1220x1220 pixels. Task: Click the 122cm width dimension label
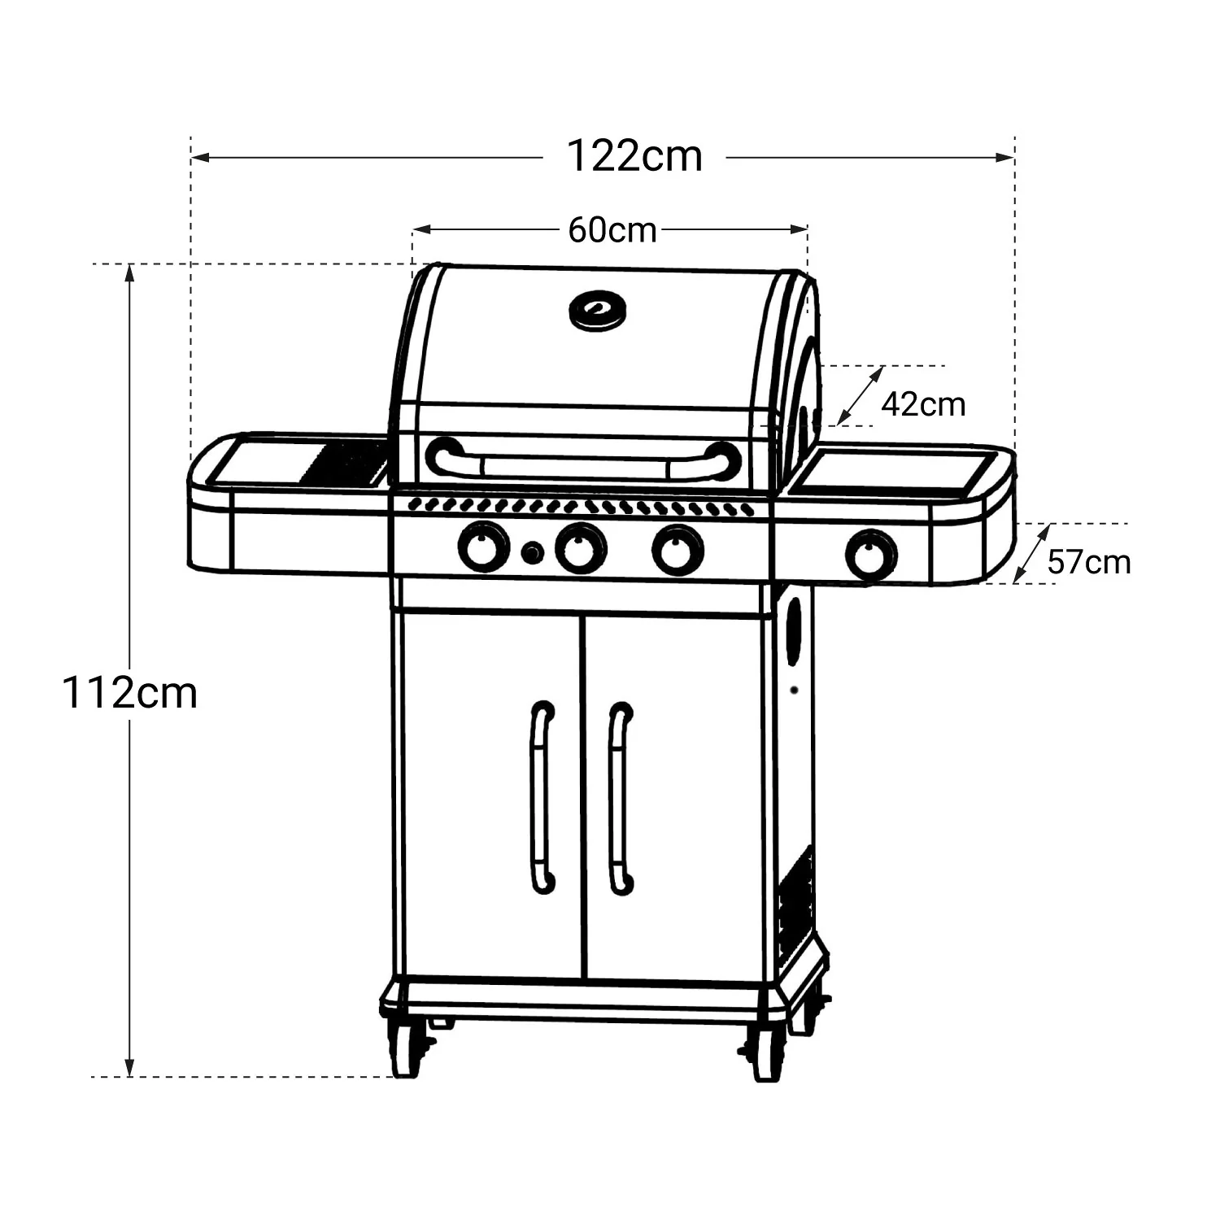(634, 155)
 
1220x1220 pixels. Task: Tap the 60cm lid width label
(612, 230)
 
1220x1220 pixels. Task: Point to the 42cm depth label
(923, 403)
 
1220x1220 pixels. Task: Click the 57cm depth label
(1088, 561)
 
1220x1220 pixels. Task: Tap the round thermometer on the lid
(598, 310)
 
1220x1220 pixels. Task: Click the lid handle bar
(583, 464)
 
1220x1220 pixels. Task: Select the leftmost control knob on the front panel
(483, 547)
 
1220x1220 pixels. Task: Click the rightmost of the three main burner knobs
(678, 550)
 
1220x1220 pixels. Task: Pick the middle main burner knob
(581, 548)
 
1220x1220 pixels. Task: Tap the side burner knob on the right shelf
(872, 555)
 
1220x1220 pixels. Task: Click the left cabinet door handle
(542, 797)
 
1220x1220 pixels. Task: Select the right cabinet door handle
(621, 797)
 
